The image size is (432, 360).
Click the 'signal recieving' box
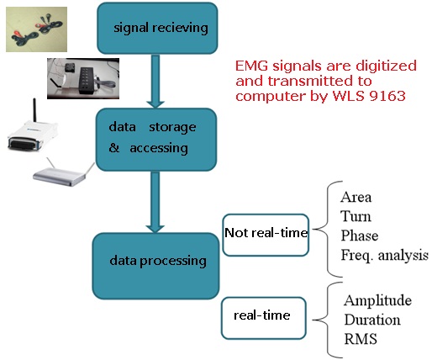pyautogui.click(x=157, y=28)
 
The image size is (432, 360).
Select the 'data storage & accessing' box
pyautogui.click(x=156, y=140)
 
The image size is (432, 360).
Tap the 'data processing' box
pyautogui.click(x=155, y=266)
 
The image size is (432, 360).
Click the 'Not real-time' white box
pyautogui.click(x=266, y=235)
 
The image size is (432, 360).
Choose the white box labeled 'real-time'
pyautogui.click(x=263, y=318)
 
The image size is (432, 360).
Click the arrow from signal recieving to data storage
pyautogui.click(x=155, y=82)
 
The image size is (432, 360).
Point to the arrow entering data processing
pyautogui.click(x=155, y=202)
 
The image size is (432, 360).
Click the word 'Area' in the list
pyautogui.click(x=356, y=197)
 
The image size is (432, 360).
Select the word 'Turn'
pyautogui.click(x=356, y=216)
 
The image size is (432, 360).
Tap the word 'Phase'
pyautogui.click(x=360, y=236)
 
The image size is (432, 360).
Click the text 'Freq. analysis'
pyautogui.click(x=384, y=255)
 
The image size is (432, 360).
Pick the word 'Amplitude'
pyautogui.click(x=377, y=301)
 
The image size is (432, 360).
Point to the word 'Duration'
pyautogui.click(x=372, y=320)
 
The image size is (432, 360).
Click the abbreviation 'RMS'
pyautogui.click(x=361, y=338)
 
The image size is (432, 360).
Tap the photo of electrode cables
pyautogui.click(x=36, y=29)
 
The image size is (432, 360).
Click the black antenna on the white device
pyautogui.click(x=34, y=110)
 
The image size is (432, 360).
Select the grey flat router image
pyautogui.click(x=64, y=174)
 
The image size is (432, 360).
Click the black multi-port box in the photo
pyautogui.click(x=88, y=80)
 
